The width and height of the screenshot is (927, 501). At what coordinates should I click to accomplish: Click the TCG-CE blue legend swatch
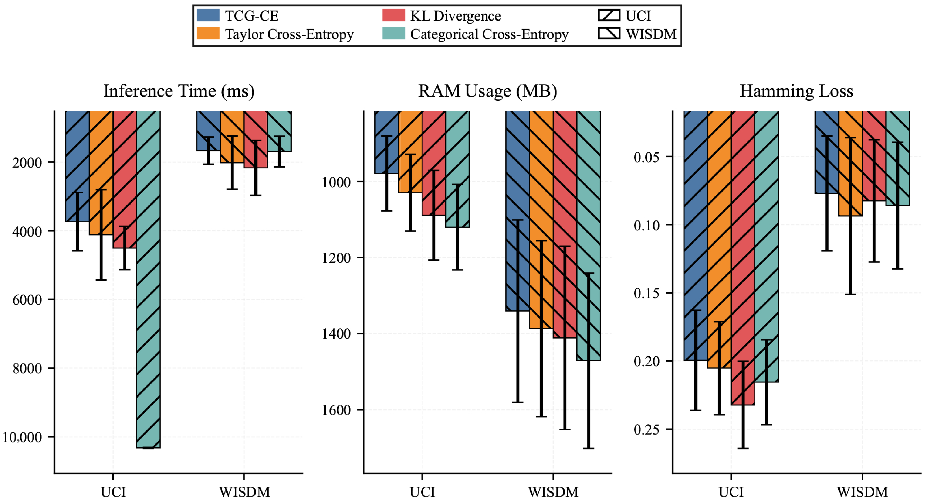208,16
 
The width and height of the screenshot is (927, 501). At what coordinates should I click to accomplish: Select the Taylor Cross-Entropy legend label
289,34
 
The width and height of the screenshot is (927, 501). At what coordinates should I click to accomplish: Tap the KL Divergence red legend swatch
393,16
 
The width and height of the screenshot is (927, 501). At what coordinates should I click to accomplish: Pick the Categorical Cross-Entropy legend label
489,34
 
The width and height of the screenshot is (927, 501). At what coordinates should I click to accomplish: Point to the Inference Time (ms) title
179,91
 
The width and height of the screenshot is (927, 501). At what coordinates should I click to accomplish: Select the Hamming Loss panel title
796,91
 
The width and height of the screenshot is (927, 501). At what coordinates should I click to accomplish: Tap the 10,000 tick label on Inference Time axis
22,437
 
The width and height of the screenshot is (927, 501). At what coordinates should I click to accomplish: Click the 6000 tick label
27,300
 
